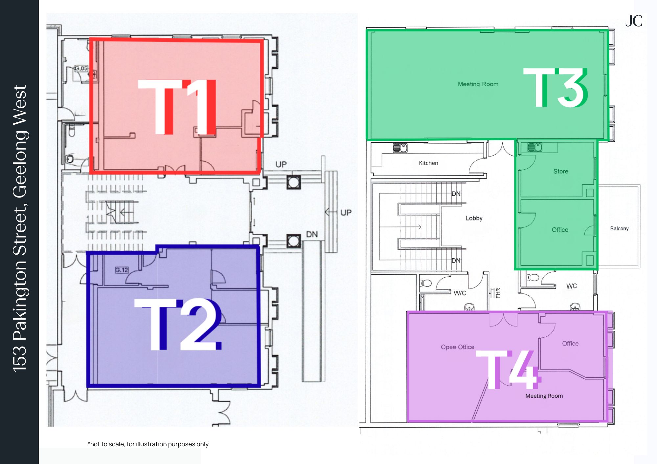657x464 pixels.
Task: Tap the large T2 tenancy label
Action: point(178,324)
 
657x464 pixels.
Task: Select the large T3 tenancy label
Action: point(555,88)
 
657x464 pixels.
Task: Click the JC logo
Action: point(634,21)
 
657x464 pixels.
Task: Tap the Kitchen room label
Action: point(428,163)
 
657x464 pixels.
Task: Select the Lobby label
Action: point(474,218)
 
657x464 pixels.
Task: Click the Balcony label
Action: point(619,228)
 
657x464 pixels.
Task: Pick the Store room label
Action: point(560,171)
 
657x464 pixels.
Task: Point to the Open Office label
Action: point(457,347)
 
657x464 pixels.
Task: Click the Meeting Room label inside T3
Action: point(478,84)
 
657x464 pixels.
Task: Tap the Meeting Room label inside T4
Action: point(544,396)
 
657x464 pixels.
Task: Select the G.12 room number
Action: point(122,270)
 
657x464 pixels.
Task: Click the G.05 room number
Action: point(81,68)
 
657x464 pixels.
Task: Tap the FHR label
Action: point(498,293)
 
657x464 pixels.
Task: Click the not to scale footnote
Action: point(148,444)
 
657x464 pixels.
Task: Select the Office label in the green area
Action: point(560,230)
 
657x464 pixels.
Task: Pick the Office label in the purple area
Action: point(570,343)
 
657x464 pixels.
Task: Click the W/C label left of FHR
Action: point(460,293)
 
